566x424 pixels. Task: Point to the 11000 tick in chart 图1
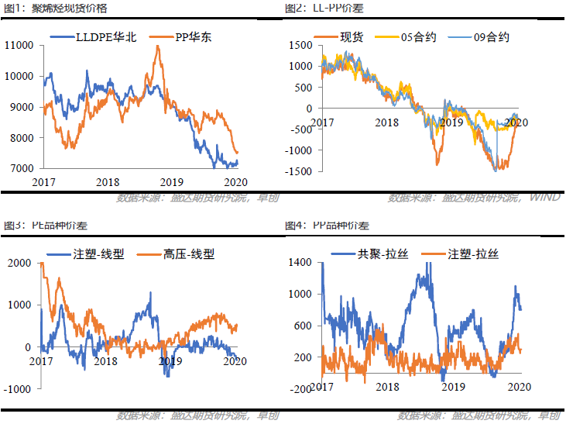pos(19,46)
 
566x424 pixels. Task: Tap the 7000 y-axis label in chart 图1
pos(21,168)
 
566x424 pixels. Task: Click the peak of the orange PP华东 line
pos(158,47)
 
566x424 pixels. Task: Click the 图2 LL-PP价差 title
pos(324,8)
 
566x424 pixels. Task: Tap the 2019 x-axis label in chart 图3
pos(170,360)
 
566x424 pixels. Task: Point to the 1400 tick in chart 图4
pos(301,263)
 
